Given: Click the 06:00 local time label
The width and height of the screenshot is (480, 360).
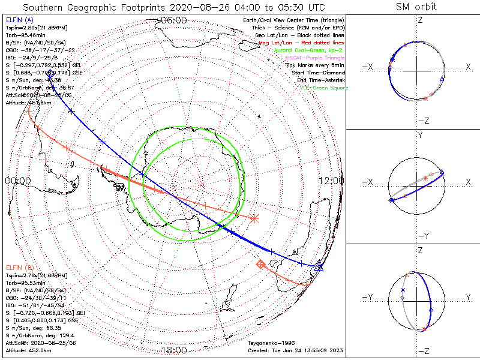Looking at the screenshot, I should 173,20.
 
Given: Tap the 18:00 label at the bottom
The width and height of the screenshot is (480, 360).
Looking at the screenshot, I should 173,350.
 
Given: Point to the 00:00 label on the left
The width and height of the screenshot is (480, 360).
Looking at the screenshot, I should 17,181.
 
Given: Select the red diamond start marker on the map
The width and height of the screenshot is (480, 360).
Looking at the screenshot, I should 261,264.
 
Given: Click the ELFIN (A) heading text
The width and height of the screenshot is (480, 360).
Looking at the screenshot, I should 19,20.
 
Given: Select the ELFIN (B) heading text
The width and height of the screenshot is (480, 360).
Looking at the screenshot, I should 19,267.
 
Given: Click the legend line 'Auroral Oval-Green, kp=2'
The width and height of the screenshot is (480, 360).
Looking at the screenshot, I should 308,51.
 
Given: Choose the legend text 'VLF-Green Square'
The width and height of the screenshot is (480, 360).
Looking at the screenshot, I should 324,88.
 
